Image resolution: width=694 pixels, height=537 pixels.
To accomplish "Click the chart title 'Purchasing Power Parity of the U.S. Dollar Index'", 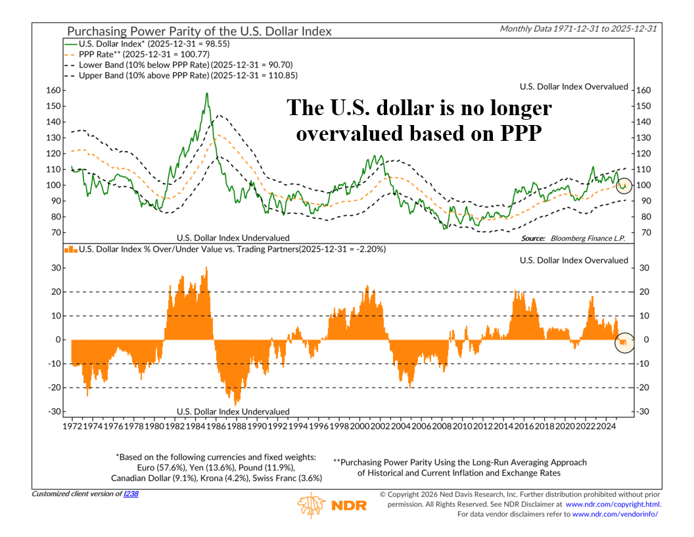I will click(x=198, y=31).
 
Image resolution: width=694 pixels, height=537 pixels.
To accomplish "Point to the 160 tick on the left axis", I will click(x=53, y=90).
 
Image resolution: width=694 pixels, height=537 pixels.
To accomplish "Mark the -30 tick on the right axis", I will click(x=643, y=412).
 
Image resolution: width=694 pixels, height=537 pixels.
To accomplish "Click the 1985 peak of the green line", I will click(x=207, y=93).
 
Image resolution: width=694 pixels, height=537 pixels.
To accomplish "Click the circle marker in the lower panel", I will click(x=624, y=342).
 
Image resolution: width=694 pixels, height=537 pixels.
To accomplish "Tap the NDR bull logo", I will click(x=312, y=505).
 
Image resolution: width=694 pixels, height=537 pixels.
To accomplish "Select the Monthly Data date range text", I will click(x=580, y=29).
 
